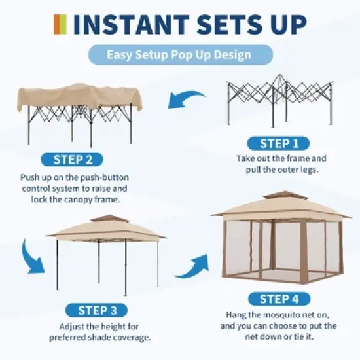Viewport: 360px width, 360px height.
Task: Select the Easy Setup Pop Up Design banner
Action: pyautogui.click(x=180, y=54)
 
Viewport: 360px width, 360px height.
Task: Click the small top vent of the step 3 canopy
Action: pyautogui.click(x=109, y=219)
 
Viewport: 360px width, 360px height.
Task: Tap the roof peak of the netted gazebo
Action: pyautogui.click(x=279, y=197)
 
